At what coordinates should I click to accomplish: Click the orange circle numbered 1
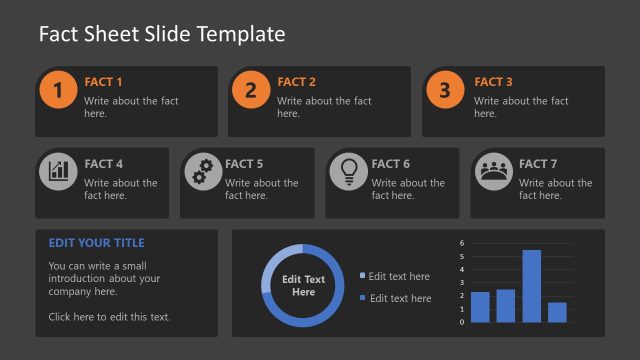57,90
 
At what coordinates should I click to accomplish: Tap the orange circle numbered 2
251,90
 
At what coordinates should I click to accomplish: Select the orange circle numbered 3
445,90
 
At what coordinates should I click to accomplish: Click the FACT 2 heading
297,82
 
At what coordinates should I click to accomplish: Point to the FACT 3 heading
493,82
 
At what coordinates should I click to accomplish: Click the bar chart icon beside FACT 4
58,170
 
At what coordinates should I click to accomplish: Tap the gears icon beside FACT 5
204,170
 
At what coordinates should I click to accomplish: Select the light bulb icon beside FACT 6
349,170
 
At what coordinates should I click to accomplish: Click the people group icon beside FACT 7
494,170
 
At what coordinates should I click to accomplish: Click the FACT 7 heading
538,164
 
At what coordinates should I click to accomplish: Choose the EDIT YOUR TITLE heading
96,243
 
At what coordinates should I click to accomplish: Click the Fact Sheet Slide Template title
162,34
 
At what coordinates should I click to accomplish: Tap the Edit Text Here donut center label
303,286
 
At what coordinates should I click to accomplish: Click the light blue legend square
362,276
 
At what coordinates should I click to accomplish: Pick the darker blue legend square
362,298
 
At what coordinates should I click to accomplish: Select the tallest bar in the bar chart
532,286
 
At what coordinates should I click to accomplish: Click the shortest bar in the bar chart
557,312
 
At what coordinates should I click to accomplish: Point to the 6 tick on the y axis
462,243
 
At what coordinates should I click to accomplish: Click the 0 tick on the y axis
462,322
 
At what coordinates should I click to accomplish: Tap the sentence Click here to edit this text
109,317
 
